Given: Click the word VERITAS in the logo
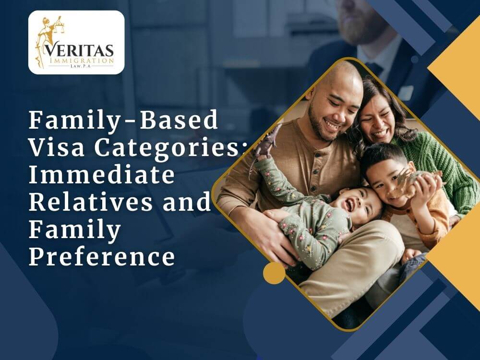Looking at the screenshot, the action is [x=79, y=50].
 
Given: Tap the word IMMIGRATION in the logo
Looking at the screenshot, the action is [x=81, y=60].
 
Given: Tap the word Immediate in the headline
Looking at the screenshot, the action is [x=102, y=175].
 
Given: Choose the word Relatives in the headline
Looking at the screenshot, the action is [x=91, y=202].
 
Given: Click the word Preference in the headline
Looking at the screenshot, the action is [x=102, y=256].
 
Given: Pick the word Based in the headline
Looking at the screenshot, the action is [x=179, y=120].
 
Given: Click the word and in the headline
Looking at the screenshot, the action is [x=187, y=202].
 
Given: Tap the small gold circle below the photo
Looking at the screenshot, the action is [x=274, y=273].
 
